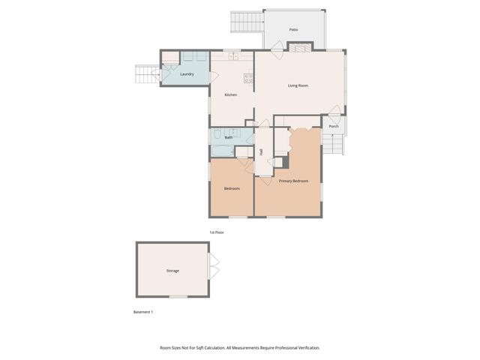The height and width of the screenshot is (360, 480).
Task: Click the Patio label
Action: pyautogui.click(x=293, y=30)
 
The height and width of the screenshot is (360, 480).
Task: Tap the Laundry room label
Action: pyautogui.click(x=187, y=74)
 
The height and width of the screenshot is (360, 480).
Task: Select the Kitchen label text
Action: pyautogui.click(x=231, y=94)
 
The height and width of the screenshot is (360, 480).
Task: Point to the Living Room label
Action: pyautogui.click(x=298, y=85)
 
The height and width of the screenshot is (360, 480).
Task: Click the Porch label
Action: pyautogui.click(x=334, y=126)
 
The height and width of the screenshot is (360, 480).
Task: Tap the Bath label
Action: pyautogui.click(x=228, y=138)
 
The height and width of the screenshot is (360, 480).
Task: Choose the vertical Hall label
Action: pyautogui.click(x=261, y=152)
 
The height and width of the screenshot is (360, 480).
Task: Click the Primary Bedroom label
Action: pyautogui.click(x=293, y=181)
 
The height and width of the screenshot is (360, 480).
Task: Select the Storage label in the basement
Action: pyautogui.click(x=172, y=271)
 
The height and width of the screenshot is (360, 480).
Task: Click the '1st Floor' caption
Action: pyautogui.click(x=217, y=232)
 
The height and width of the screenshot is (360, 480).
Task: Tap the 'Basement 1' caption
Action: pyautogui.click(x=142, y=311)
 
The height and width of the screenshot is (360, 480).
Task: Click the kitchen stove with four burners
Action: pyautogui.click(x=247, y=77)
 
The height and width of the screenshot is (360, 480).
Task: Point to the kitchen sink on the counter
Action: pyautogui.click(x=234, y=56)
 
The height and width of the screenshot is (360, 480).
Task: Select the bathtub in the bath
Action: pyautogui.click(x=223, y=151)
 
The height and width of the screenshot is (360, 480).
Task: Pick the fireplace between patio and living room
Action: pyautogui.click(x=298, y=48)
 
